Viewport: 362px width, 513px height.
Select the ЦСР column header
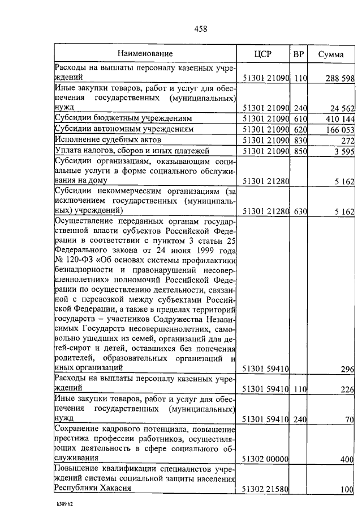pos(263,54)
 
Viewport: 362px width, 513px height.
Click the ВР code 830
pos(299,140)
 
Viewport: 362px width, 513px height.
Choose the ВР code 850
pos(299,151)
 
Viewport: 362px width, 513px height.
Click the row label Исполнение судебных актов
pos(108,139)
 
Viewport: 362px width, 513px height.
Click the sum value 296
pos(347,369)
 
